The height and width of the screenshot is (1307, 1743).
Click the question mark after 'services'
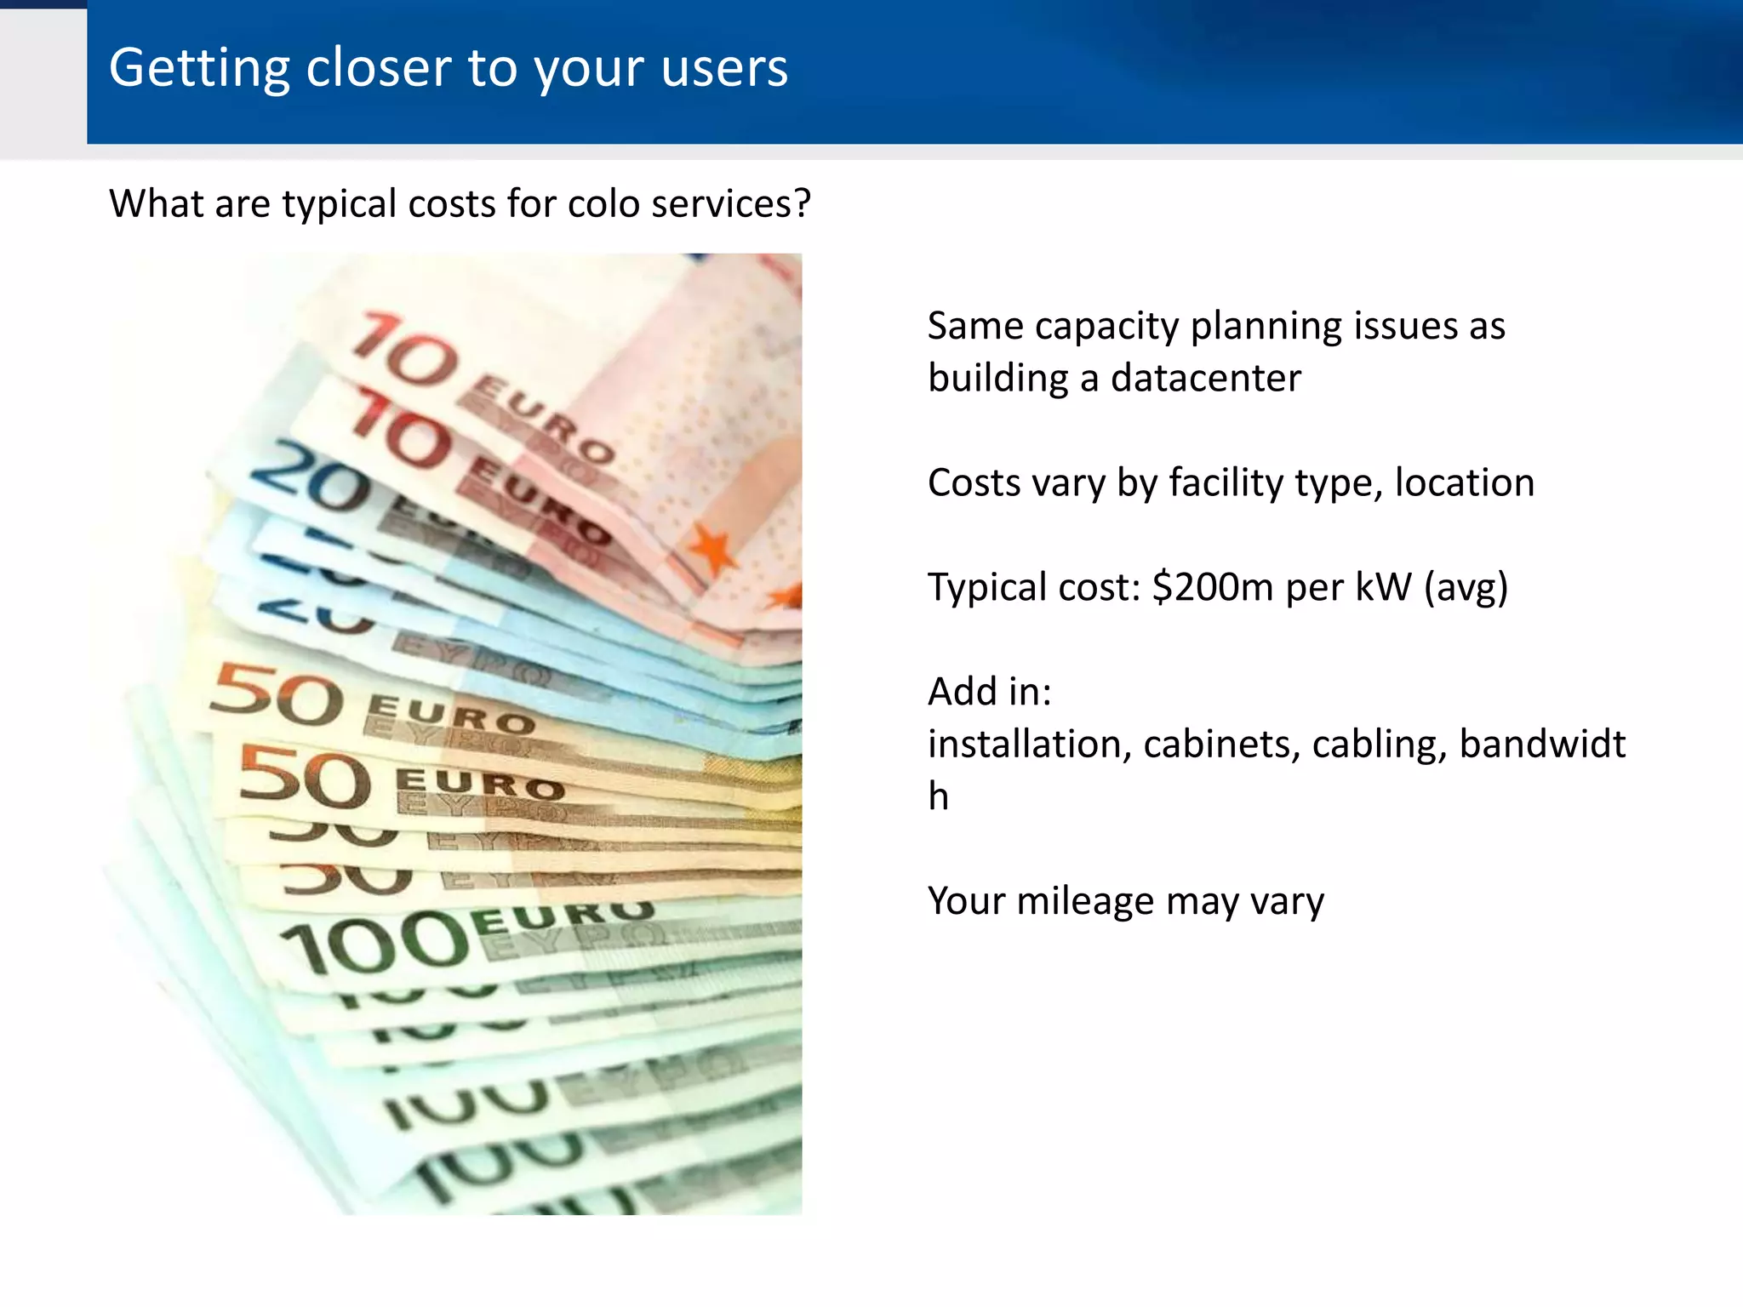click(x=802, y=203)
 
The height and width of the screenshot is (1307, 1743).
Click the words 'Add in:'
click(x=990, y=692)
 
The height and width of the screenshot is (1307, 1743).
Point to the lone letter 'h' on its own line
click(x=938, y=796)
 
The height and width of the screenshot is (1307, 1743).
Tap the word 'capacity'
click(x=1106, y=327)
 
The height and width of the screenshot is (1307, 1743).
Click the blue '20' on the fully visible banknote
click(x=311, y=477)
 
